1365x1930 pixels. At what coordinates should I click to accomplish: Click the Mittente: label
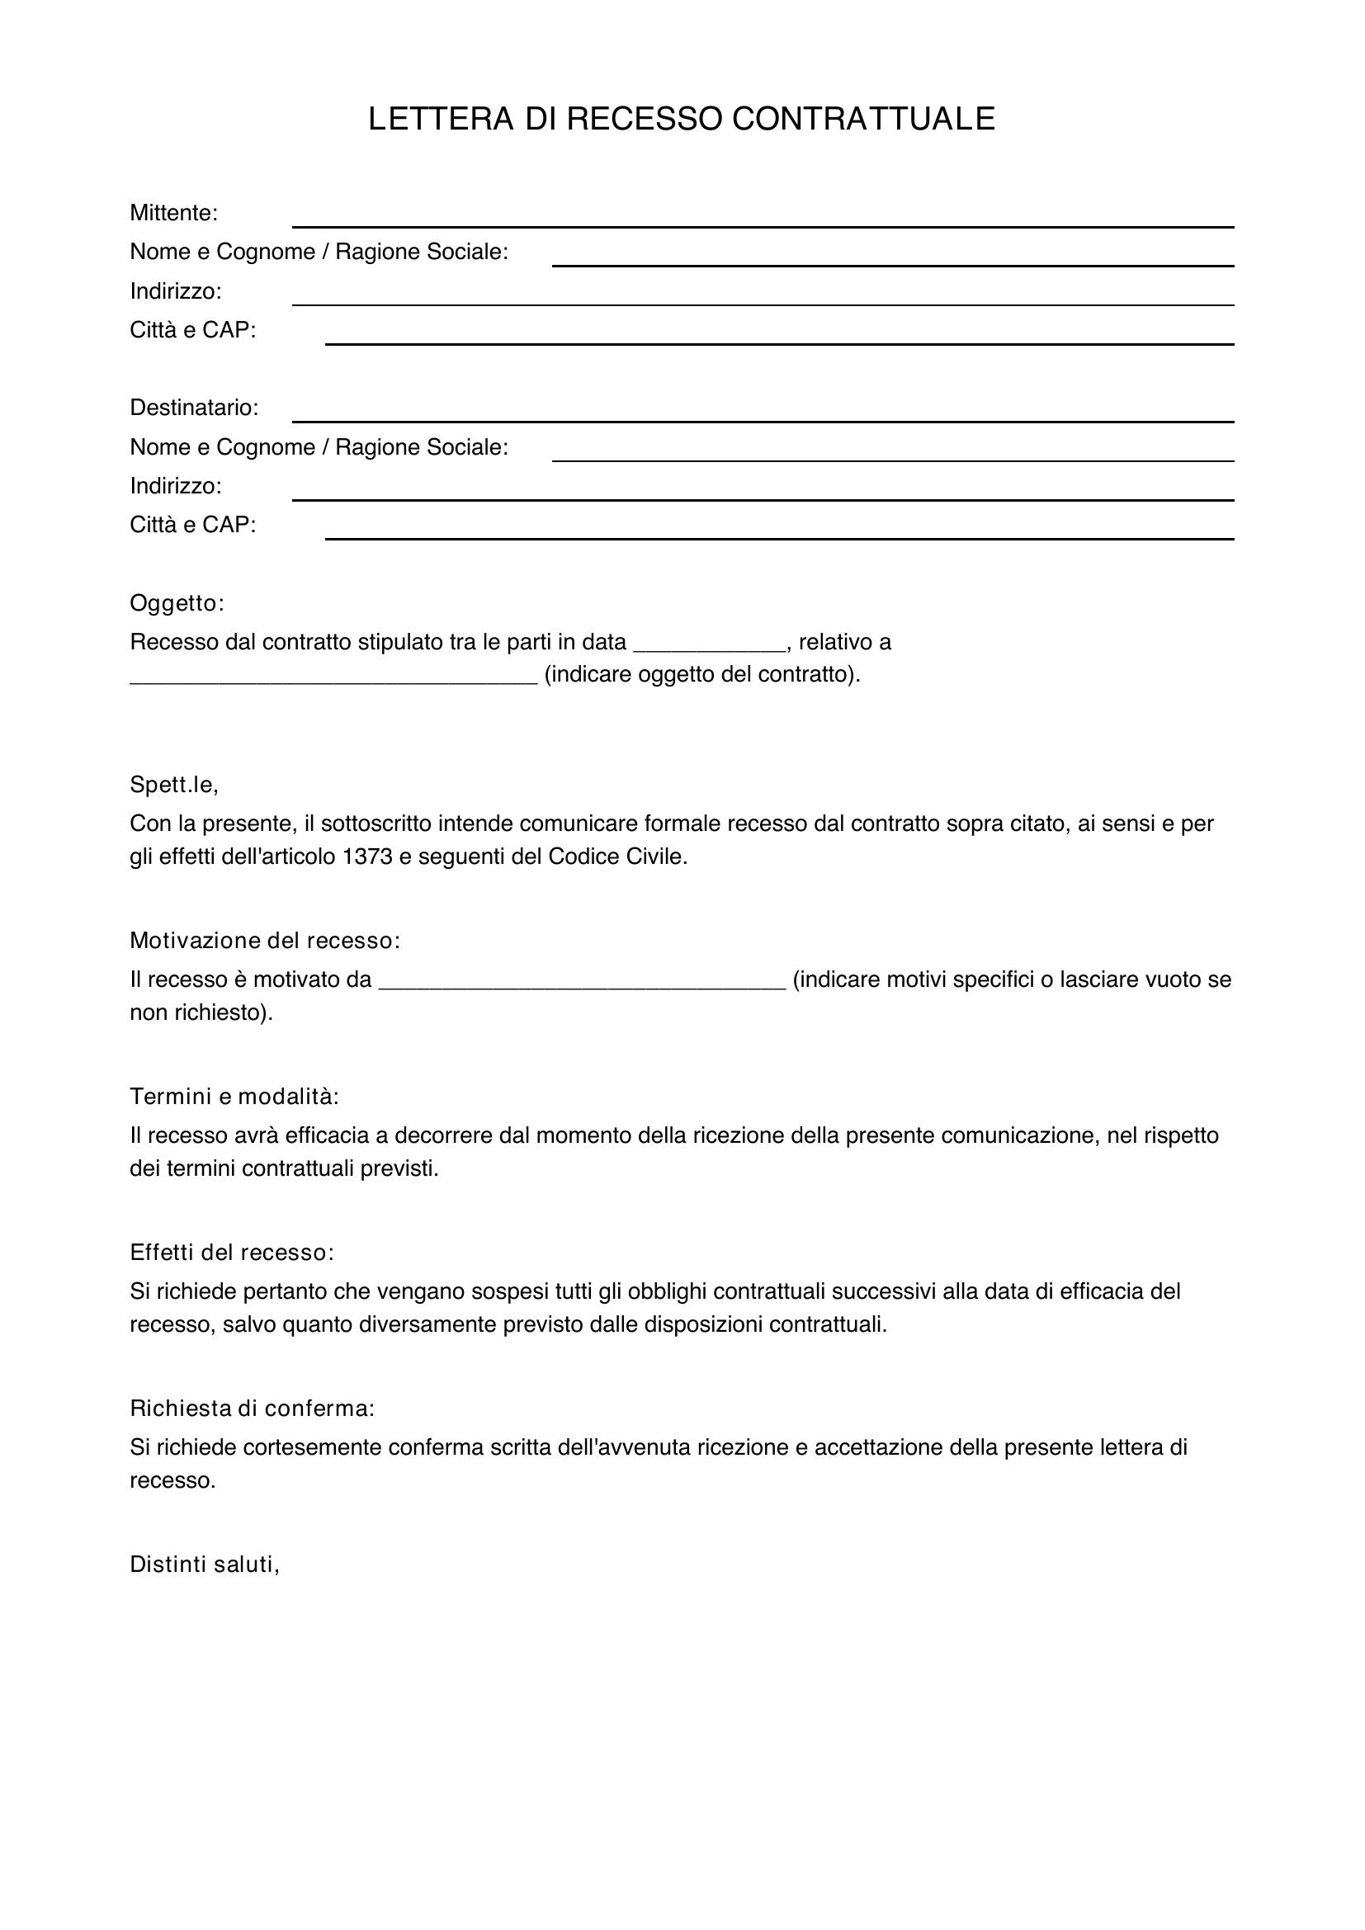tap(173, 213)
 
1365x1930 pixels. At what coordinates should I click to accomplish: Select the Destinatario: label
tap(194, 408)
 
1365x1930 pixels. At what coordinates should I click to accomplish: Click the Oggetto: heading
tap(177, 602)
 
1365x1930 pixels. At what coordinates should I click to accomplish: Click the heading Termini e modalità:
tap(234, 1096)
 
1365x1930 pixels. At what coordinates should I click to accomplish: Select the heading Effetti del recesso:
tap(232, 1253)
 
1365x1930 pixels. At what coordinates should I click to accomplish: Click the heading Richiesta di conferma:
tap(253, 1408)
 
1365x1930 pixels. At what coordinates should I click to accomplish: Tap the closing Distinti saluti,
tap(204, 1564)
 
